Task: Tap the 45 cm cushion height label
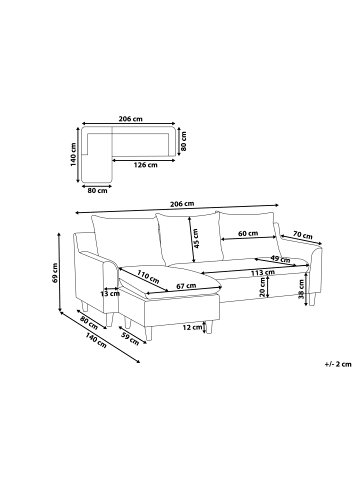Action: [x=196, y=238]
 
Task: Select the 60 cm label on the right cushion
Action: [x=248, y=233]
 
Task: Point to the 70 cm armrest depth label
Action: [x=303, y=235]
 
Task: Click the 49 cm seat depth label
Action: [x=280, y=259]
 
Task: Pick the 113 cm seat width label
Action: [x=263, y=272]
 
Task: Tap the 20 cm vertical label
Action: [x=263, y=287]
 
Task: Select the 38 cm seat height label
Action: [x=301, y=289]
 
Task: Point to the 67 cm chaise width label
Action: [x=186, y=286]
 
